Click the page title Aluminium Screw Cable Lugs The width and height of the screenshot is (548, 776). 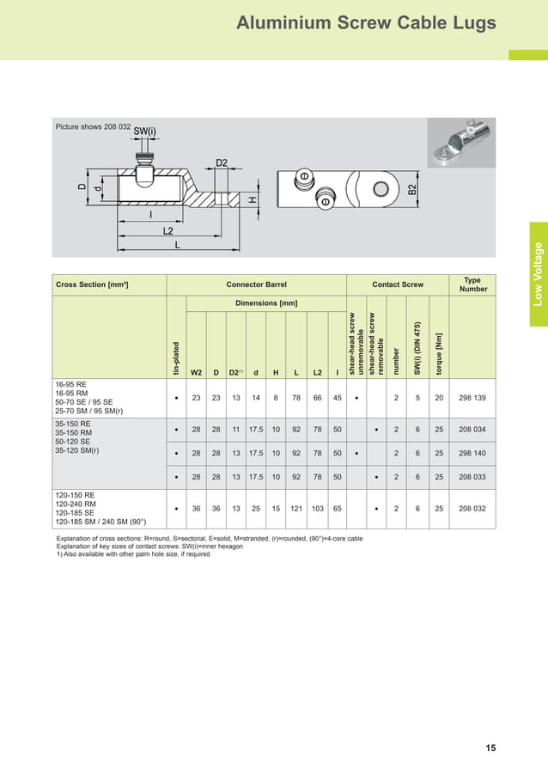366,23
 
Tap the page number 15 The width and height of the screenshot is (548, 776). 490,749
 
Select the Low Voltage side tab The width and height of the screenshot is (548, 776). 538,274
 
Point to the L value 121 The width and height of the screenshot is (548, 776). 296,509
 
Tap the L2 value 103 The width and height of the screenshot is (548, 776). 318,509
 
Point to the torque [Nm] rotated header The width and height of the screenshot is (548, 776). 439,348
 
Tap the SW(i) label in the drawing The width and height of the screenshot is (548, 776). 145,131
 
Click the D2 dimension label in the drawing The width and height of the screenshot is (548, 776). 222,162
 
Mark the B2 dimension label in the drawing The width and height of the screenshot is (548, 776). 413,190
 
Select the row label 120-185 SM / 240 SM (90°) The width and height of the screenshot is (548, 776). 100,522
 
